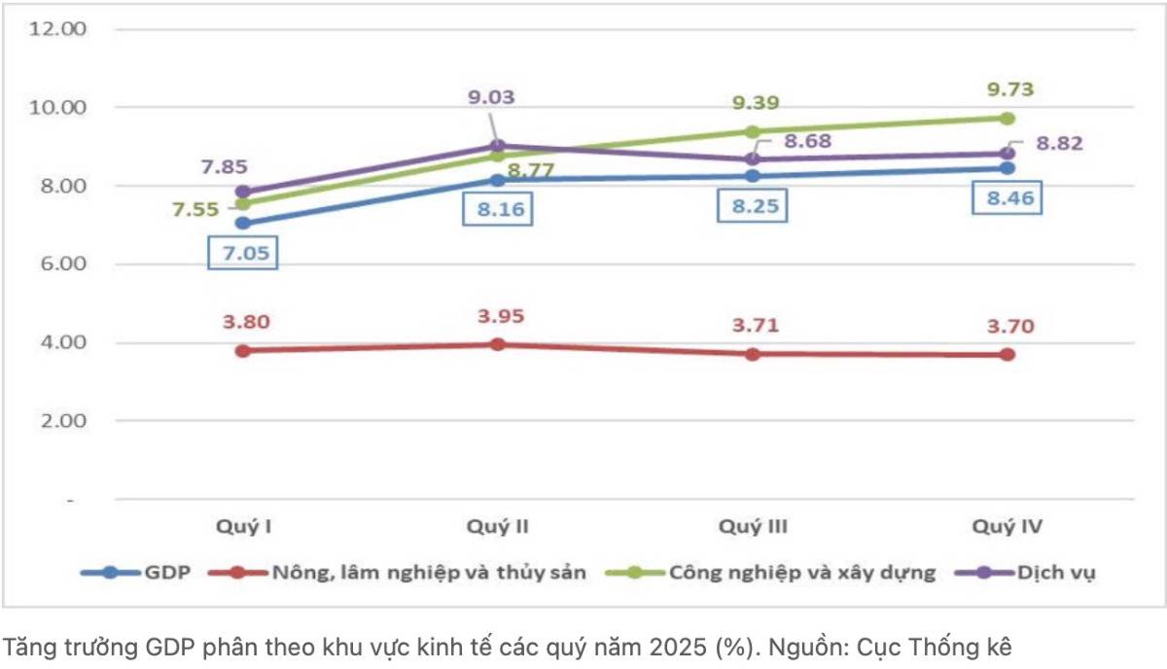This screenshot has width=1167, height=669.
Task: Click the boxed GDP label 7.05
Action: [243, 255]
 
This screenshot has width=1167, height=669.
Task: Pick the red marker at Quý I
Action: [243, 350]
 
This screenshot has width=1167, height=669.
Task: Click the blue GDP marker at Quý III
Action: [753, 176]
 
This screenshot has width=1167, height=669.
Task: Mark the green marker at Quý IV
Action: [1008, 118]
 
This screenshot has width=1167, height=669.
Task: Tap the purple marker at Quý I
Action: [243, 192]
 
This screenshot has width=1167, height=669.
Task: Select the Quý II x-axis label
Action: [498, 527]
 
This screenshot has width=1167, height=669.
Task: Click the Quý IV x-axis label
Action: [1008, 527]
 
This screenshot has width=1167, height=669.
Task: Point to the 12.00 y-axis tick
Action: [59, 29]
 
